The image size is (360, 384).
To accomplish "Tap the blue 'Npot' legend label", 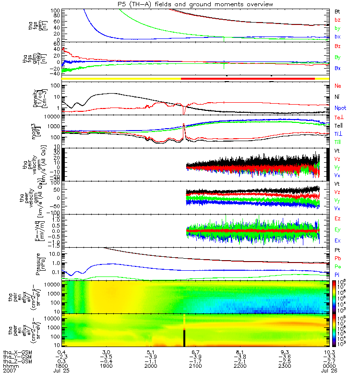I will pos(339,108).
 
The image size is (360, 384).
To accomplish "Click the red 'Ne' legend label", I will pos(337,86).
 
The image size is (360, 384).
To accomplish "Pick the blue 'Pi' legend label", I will pos(336,275).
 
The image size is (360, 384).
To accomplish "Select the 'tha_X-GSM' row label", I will pos(16,352).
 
